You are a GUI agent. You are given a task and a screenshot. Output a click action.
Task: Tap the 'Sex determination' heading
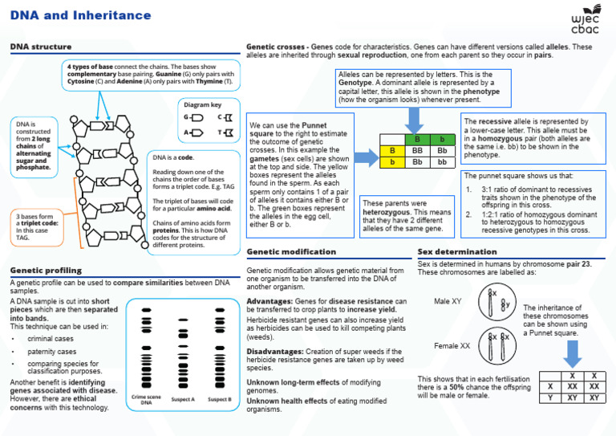457,252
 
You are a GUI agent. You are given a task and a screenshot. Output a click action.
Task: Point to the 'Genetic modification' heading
291,252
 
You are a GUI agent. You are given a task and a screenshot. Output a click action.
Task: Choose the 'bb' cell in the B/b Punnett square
442,161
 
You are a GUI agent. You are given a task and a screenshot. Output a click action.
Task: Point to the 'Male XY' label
448,301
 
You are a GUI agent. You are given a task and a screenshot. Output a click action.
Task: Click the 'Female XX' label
452,345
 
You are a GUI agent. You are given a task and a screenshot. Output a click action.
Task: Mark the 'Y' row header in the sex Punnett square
549,397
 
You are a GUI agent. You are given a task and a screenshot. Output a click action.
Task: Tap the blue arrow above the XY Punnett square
571,353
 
